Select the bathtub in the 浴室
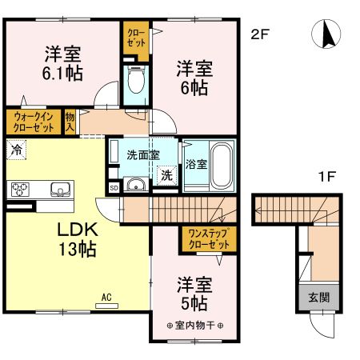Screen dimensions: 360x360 coord(222,166)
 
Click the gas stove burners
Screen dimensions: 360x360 coord(20,190)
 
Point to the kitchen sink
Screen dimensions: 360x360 coord(61,190)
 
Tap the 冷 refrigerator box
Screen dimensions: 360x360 coord(16,150)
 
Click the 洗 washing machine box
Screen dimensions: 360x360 coord(167,175)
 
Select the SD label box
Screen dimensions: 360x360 coord(114,188)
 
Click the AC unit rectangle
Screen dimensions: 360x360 coord(106,306)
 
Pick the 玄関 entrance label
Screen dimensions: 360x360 coord(318,298)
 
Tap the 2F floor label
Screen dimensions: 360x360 coord(260,34)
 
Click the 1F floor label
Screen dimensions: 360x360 coord(326,176)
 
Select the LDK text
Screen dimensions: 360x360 coord(78,230)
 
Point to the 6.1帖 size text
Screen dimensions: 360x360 coord(62,73)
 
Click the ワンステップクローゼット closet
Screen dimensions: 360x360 coord(209,239)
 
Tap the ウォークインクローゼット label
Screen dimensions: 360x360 coord(34,122)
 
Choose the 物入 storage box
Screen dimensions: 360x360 coord(70,122)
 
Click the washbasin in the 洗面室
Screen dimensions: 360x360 coord(136,184)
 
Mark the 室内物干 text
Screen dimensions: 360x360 coord(194,326)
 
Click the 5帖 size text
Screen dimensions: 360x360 coord(194,303)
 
